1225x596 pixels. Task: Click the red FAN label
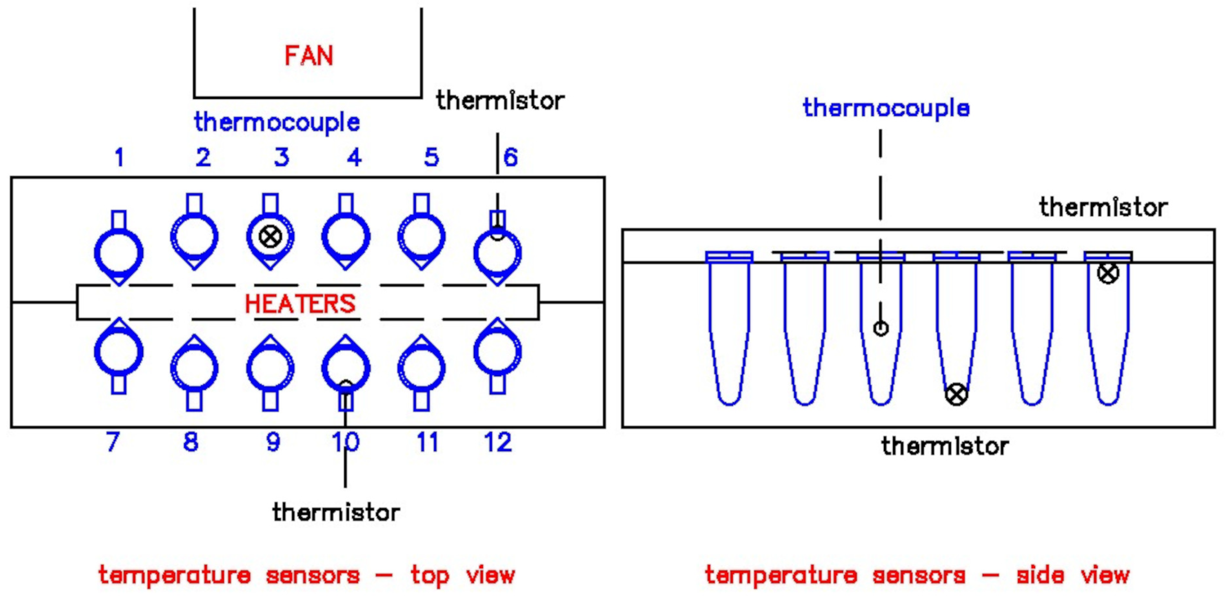coord(308,55)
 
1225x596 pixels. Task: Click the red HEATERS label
coord(300,304)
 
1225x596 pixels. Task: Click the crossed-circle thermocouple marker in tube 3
coord(270,236)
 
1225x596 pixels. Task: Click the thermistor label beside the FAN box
coord(500,101)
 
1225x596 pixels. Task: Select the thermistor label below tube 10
coord(336,512)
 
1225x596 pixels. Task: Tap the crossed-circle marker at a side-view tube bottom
coord(956,394)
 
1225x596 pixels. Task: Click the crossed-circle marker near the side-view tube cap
coord(1108,273)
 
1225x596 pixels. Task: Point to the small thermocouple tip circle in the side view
coord(881,328)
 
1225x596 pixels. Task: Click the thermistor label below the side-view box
coord(945,446)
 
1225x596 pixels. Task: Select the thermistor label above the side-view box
coord(1103,207)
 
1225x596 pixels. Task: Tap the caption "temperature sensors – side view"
coord(917,575)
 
